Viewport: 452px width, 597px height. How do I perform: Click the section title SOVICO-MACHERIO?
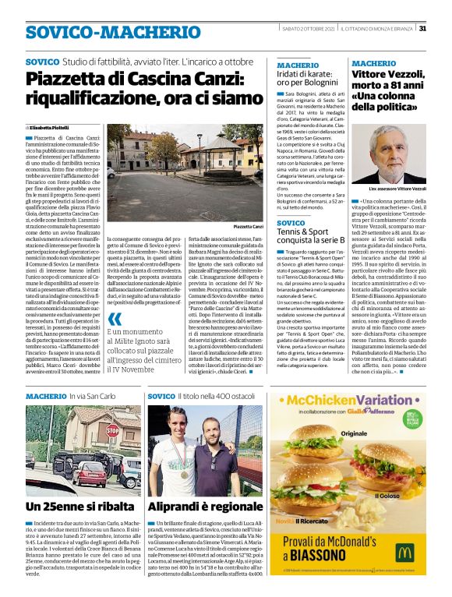pos(102,32)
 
